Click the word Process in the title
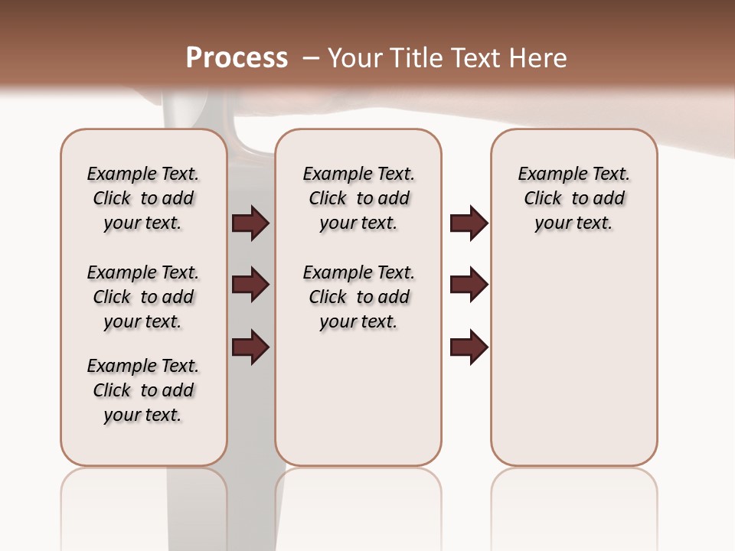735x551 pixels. [237, 58]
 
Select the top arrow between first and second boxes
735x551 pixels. [250, 223]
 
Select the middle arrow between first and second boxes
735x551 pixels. [250, 285]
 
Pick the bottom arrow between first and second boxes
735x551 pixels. [250, 347]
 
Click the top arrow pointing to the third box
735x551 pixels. [469, 223]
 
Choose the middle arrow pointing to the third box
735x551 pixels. [469, 285]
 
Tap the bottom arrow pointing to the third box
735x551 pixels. [469, 347]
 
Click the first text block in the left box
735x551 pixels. [143, 198]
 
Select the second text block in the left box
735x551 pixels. [143, 297]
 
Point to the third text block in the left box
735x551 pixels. [143, 390]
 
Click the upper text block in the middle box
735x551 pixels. [358, 198]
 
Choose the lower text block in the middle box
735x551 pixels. [358, 297]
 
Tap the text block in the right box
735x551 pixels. [573, 198]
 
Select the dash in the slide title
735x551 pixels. [310, 58]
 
